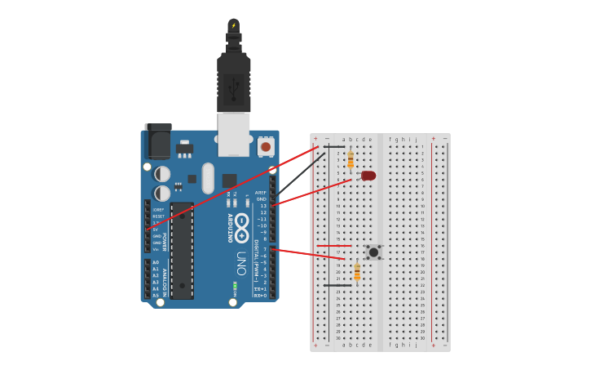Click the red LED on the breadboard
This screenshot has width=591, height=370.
[368, 176]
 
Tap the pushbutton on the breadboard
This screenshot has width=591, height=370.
[373, 252]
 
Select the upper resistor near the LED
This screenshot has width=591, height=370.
[351, 158]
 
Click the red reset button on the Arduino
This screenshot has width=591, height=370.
[266, 147]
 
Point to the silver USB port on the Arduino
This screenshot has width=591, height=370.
[234, 134]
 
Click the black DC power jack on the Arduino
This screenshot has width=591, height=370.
[158, 141]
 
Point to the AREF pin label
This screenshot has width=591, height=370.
[261, 193]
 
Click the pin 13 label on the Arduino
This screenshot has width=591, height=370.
[262, 206]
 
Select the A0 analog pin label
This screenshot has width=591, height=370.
[155, 262]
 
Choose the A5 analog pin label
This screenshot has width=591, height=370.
[155, 295]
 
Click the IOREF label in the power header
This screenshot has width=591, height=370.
[158, 210]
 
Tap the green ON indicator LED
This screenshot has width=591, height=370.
[235, 286]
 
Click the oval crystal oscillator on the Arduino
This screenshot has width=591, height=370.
[208, 178]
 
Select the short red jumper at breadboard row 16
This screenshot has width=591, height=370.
[334, 245]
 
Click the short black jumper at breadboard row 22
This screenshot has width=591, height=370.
[337, 285]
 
